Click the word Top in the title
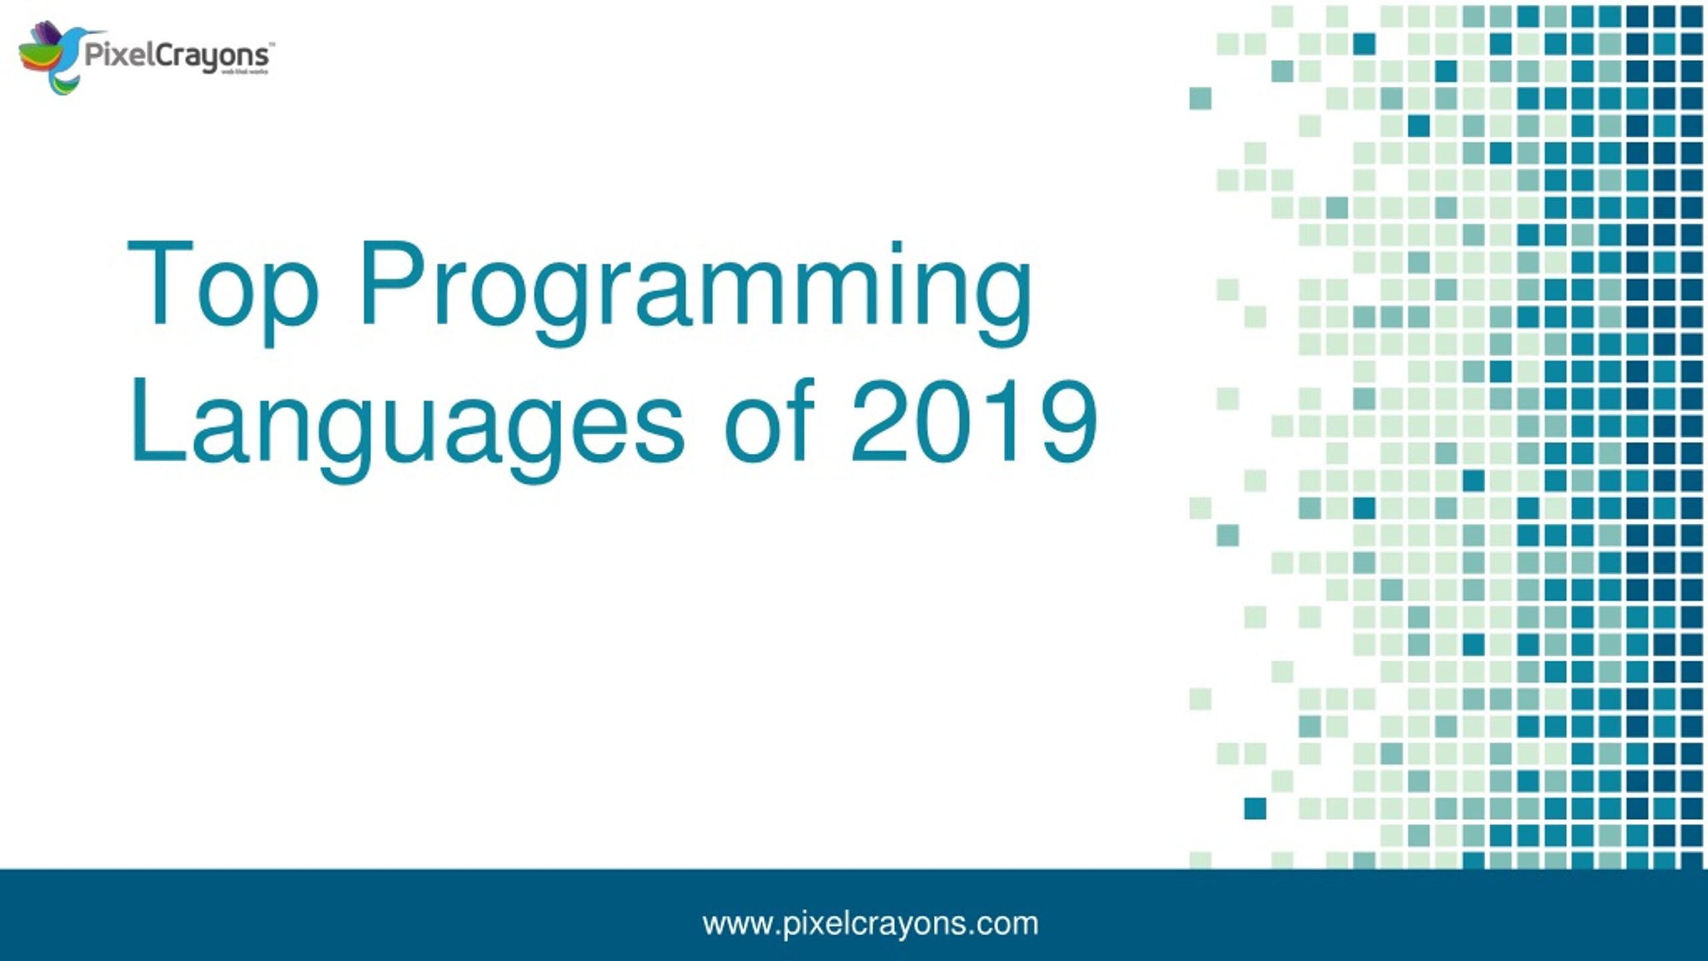[x=223, y=287]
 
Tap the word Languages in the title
[x=406, y=427]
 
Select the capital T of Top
[x=159, y=283]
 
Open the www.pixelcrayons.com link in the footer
[x=870, y=924]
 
